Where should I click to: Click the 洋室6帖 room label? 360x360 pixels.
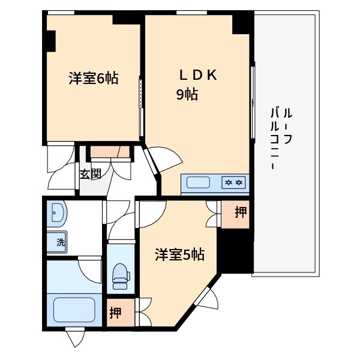92,78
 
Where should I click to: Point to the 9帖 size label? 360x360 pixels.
187,94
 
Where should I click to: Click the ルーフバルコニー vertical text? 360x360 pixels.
281,138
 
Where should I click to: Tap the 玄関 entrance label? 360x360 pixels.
90,175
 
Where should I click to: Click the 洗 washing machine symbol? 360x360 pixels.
60,243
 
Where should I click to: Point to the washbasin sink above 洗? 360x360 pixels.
58,212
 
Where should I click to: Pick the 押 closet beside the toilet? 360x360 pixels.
116,313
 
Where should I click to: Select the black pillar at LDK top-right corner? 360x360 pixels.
242,23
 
